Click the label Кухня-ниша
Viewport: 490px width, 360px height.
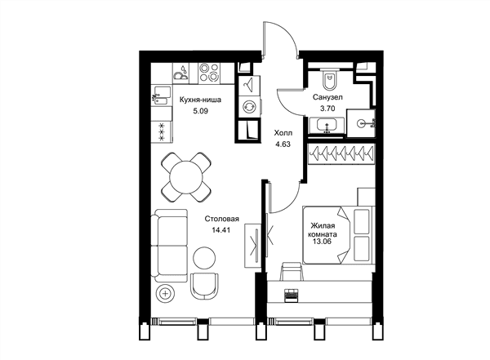200,100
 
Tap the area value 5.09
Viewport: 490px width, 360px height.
200,111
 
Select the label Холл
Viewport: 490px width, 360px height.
283,133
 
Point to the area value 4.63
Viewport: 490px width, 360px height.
283,144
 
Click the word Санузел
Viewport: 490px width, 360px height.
327,97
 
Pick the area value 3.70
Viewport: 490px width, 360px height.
327,109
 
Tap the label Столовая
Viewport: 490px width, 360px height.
222,219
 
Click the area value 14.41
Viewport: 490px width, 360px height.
221,230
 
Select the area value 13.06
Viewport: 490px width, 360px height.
322,242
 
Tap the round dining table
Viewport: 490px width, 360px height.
186,177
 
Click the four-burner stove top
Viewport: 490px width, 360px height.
209,73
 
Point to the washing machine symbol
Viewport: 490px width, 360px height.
249,106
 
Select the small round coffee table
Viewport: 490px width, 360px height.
204,257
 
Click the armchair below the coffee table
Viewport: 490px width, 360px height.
205,286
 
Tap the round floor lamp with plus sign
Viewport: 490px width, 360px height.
166,294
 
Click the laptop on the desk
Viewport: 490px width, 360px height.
292,296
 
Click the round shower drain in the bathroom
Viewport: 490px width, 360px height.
361,123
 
